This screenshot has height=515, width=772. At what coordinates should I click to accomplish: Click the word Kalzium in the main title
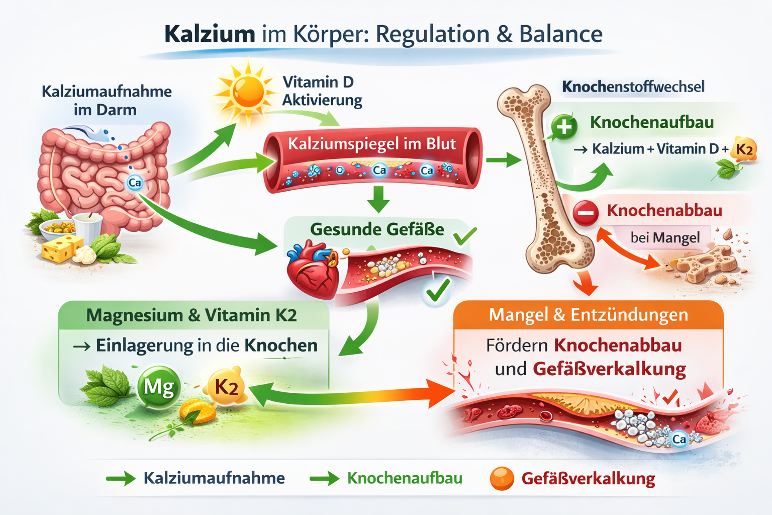[x=210, y=34]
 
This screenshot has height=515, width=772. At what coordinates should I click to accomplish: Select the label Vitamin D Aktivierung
[x=322, y=91]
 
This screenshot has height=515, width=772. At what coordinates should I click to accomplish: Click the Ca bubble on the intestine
[x=135, y=183]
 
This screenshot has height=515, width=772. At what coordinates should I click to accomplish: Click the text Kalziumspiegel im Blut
[x=372, y=144]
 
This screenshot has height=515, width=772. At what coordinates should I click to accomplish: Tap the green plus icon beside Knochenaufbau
[x=564, y=126]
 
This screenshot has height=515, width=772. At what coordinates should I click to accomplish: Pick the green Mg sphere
[x=159, y=387]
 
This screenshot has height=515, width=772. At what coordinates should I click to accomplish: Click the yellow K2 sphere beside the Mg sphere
[x=226, y=387]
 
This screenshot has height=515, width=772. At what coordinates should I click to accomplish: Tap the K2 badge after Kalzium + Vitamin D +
[x=744, y=149]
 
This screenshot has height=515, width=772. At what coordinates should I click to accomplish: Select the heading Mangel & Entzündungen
[x=588, y=315]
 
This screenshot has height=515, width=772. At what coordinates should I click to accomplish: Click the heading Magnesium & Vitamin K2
[x=191, y=315]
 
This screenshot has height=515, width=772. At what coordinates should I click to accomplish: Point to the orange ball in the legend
[x=502, y=478]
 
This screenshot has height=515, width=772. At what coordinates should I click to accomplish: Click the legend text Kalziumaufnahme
[x=214, y=478]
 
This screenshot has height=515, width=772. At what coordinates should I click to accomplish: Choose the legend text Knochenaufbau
[x=405, y=478]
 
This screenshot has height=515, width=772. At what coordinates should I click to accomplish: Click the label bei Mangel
[x=665, y=237]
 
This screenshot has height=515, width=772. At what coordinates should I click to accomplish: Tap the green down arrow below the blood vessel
[x=378, y=199]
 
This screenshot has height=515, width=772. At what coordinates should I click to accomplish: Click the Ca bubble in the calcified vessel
[x=679, y=439]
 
